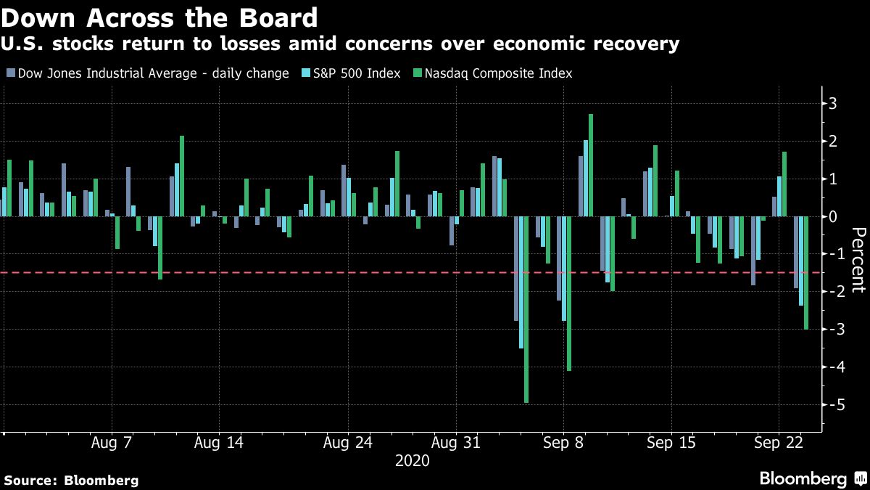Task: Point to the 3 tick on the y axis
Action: pos(833,103)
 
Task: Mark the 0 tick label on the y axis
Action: pos(833,216)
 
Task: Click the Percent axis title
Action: pos(858,259)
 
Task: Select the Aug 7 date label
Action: pos(112,442)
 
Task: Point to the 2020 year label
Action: pos(412,461)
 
